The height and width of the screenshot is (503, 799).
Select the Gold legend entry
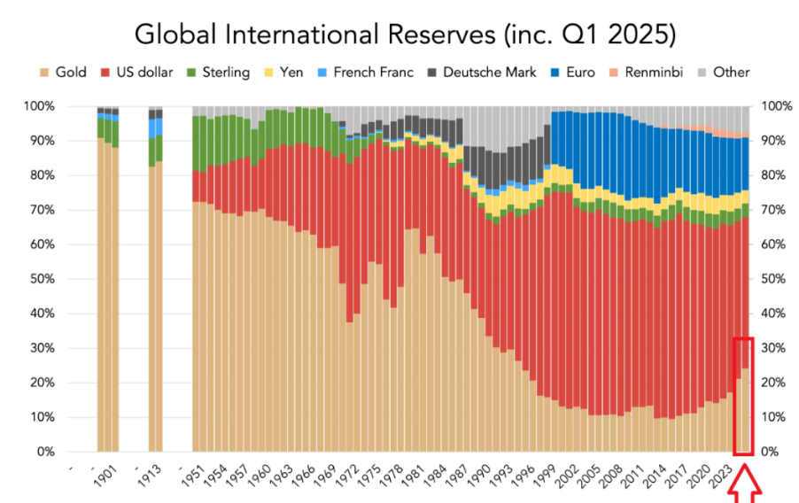(63, 73)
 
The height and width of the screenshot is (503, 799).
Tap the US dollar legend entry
(138, 73)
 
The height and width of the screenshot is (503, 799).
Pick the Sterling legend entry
(218, 73)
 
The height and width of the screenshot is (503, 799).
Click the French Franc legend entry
(367, 73)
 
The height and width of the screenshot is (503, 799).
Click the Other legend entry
(723, 73)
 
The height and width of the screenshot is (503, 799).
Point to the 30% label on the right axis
(770, 348)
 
